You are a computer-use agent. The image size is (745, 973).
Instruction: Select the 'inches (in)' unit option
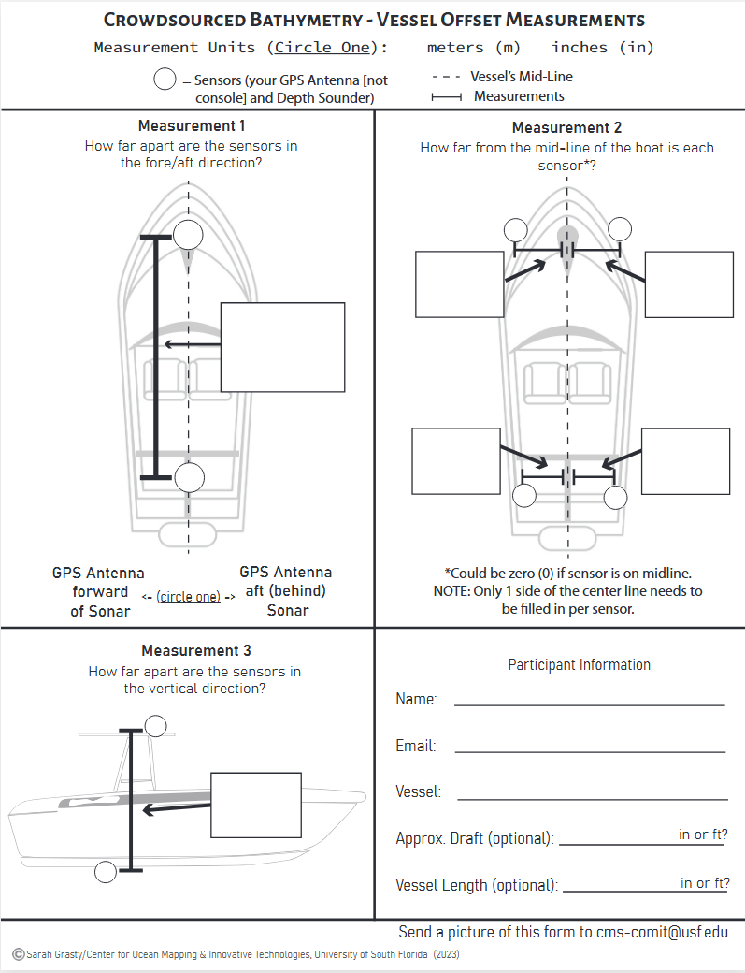click(x=602, y=48)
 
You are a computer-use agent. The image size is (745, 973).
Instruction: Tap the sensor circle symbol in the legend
click(x=165, y=80)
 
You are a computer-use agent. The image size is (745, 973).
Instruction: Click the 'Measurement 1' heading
click(x=192, y=126)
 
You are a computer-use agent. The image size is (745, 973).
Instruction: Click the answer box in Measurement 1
click(x=282, y=347)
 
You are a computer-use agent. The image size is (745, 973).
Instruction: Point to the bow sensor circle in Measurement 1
click(x=188, y=235)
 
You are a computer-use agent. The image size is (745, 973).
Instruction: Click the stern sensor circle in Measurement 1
click(x=189, y=477)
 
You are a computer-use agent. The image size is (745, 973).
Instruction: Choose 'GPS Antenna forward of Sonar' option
click(x=98, y=591)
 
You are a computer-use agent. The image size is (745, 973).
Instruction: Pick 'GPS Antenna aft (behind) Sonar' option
click(x=286, y=591)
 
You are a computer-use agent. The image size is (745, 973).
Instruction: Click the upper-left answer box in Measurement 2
click(x=459, y=284)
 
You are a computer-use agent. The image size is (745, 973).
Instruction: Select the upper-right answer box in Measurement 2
click(x=689, y=284)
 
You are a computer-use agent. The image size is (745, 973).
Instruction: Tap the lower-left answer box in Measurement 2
click(x=455, y=460)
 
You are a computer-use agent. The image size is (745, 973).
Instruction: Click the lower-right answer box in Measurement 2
click(x=685, y=460)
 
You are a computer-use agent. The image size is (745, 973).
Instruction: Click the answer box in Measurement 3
click(x=255, y=806)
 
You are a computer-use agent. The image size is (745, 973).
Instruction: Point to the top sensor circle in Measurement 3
click(x=156, y=725)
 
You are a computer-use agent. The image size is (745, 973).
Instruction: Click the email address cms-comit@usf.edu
click(x=662, y=932)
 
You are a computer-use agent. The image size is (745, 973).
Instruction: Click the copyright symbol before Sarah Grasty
click(x=19, y=954)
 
